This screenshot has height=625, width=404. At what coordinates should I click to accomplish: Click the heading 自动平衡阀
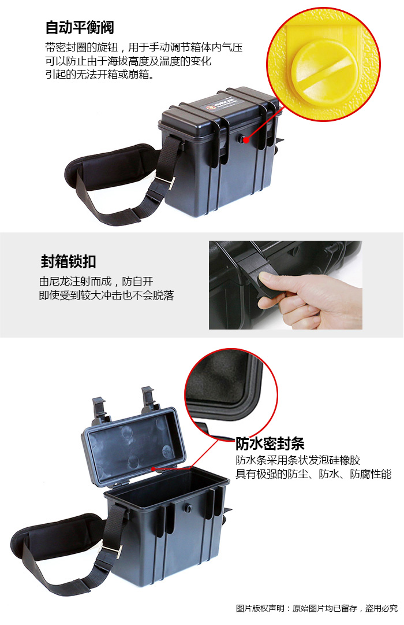[x=80, y=28]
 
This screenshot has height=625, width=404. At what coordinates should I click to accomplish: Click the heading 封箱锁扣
[x=69, y=261]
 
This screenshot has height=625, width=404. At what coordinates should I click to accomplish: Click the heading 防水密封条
[x=270, y=443]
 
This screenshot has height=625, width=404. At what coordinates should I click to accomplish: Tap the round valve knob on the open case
[x=188, y=508]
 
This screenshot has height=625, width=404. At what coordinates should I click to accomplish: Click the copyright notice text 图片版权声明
[x=260, y=608]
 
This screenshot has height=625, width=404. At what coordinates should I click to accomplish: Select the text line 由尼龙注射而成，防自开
[x=96, y=282]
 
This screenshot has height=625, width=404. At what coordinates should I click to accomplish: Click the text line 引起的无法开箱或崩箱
[x=99, y=74]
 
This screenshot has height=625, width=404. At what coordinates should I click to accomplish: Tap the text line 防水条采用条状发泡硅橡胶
[x=298, y=460]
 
